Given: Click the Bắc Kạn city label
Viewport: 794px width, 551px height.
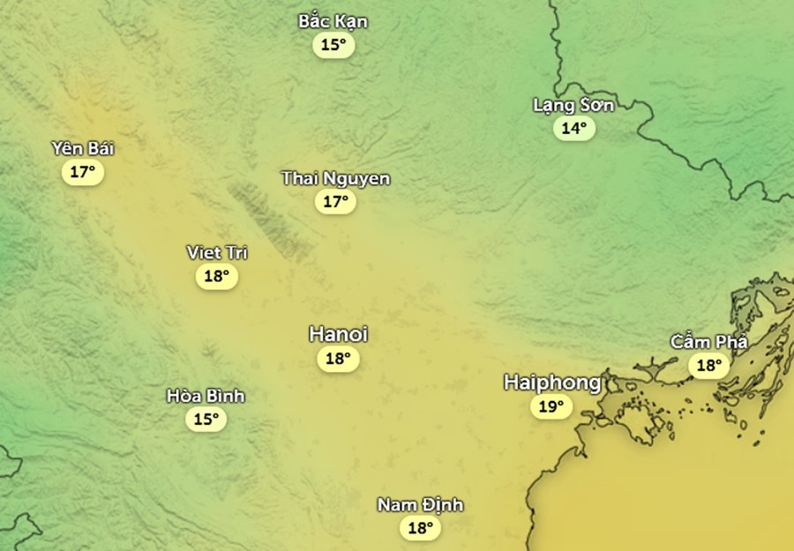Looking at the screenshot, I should click(x=333, y=21).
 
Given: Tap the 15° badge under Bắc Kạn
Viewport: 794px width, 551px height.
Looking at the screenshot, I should click(x=333, y=45).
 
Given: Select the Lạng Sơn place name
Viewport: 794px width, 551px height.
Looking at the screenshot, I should click(x=573, y=105).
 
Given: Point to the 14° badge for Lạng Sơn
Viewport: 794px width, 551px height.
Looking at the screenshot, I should click(x=574, y=129).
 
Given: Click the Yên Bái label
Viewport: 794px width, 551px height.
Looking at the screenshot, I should click(x=83, y=148).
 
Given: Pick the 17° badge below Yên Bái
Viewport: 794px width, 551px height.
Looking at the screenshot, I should click(x=83, y=172).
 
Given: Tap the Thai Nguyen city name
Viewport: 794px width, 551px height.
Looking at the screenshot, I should click(x=335, y=179).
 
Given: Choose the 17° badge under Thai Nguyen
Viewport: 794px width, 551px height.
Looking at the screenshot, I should click(x=336, y=202).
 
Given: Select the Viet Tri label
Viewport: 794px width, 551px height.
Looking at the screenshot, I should click(x=217, y=253).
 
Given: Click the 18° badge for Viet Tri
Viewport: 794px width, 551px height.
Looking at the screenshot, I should click(x=217, y=277).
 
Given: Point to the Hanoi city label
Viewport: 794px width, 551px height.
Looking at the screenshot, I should click(x=338, y=335).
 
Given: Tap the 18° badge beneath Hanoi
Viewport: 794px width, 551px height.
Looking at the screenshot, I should click(x=339, y=359).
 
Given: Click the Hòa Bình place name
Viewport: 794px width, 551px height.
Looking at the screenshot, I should click(x=206, y=396).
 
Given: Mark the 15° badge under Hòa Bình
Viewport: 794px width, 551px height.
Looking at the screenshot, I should click(x=206, y=419).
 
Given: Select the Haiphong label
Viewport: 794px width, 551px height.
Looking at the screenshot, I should click(x=552, y=383).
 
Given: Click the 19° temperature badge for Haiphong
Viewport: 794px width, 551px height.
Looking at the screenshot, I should click(x=551, y=406).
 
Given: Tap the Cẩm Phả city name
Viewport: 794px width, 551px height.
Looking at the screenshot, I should click(x=708, y=341).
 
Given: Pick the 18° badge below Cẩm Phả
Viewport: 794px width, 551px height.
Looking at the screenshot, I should click(x=709, y=365).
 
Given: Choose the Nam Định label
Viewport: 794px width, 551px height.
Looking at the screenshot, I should click(x=420, y=505).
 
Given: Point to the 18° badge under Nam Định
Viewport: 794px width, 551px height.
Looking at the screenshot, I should click(x=419, y=528).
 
